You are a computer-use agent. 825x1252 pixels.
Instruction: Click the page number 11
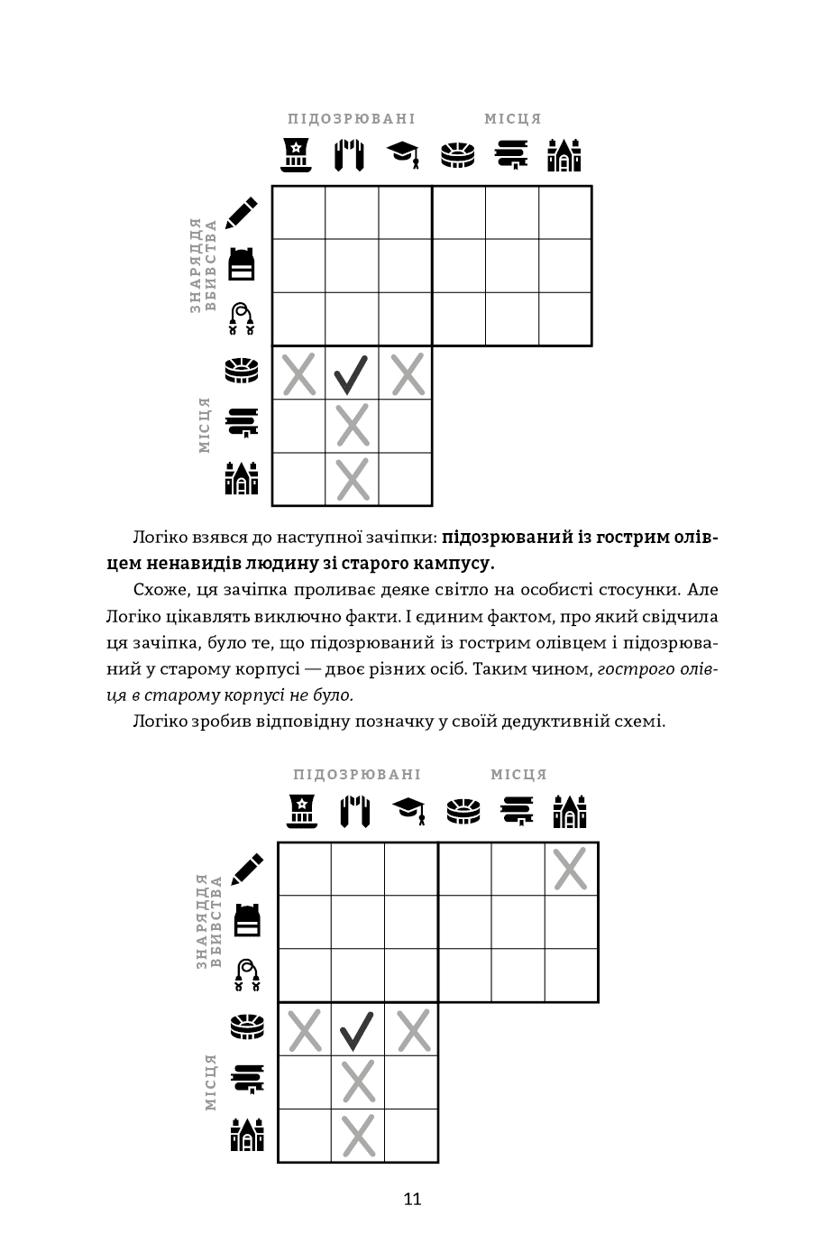pyautogui.click(x=412, y=1199)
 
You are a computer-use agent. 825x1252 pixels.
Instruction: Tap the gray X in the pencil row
pyautogui.click(x=571, y=869)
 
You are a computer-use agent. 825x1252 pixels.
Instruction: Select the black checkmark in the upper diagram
pyautogui.click(x=352, y=373)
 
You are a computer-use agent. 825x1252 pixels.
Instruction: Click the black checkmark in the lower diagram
pyautogui.click(x=357, y=1030)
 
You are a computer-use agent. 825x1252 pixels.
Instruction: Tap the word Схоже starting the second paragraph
pyautogui.click(x=161, y=590)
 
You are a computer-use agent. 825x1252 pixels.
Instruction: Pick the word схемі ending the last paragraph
pyautogui.click(x=640, y=721)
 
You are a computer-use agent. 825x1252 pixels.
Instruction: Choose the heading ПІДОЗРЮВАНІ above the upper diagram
pyautogui.click(x=352, y=119)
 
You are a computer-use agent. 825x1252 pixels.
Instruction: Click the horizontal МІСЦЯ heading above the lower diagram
pyautogui.click(x=518, y=774)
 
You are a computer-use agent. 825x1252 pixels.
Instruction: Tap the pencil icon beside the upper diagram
pyautogui.click(x=241, y=212)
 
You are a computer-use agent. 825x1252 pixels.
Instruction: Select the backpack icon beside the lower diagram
pyautogui.click(x=247, y=920)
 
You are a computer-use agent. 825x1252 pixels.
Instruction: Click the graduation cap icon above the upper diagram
pyautogui.click(x=404, y=154)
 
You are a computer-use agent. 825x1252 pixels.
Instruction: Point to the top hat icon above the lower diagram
pyautogui.click(x=303, y=810)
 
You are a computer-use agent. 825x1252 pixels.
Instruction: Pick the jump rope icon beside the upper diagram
pyautogui.click(x=241, y=319)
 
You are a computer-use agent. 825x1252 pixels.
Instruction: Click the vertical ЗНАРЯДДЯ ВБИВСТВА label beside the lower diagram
pyautogui.click(x=207, y=921)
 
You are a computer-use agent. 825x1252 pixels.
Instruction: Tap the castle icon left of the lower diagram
pyautogui.click(x=247, y=1135)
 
